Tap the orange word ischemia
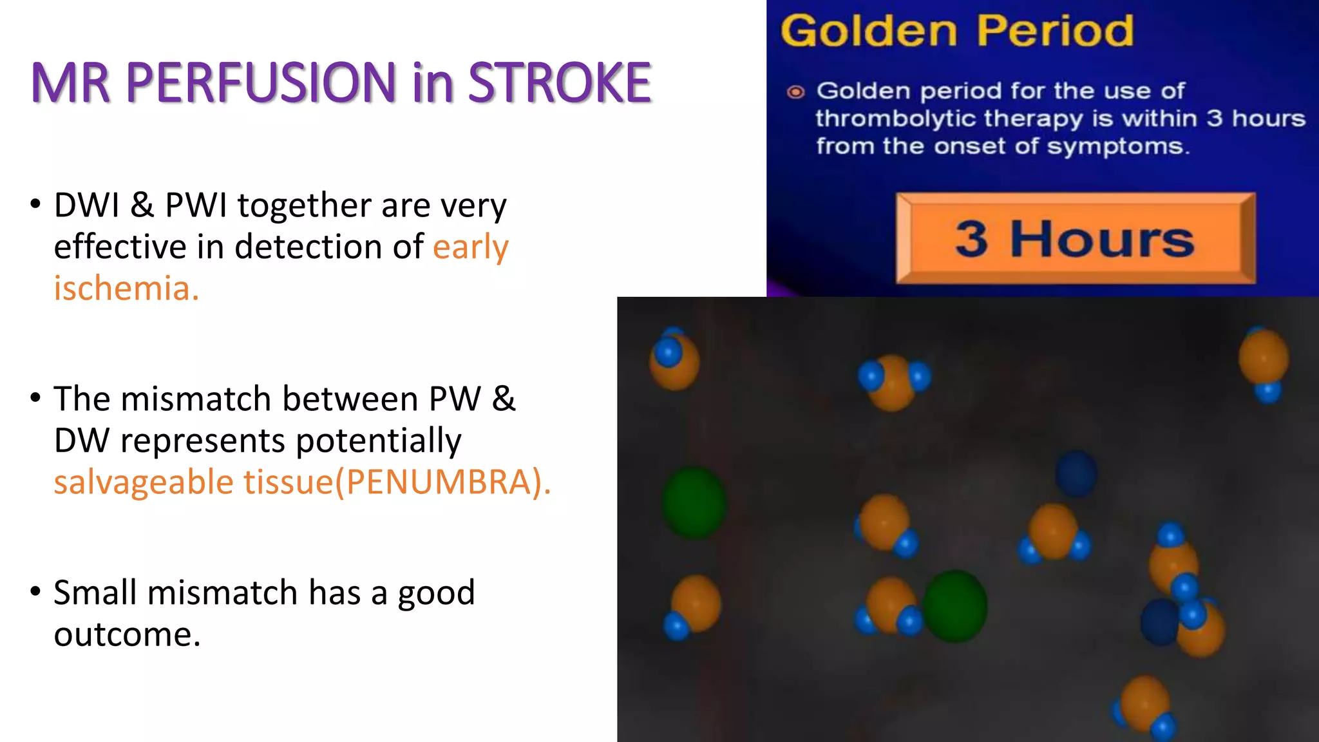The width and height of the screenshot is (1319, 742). click(x=126, y=288)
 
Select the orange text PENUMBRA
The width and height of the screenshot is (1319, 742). click(x=439, y=482)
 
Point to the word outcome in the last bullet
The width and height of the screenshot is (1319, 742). click(x=127, y=634)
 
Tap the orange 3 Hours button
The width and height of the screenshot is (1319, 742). click(x=1074, y=239)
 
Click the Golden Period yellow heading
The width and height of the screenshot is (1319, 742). click(x=956, y=31)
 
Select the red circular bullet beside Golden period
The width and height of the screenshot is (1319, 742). click(x=796, y=92)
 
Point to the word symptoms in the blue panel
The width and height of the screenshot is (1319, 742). click(x=1117, y=147)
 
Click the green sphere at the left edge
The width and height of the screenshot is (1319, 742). click(x=694, y=502)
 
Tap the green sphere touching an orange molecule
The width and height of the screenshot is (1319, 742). click(x=955, y=605)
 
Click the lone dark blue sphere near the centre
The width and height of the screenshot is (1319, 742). click(x=1076, y=473)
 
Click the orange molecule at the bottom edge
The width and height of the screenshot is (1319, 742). click(x=1144, y=703)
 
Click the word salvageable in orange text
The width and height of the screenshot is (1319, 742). click(x=143, y=482)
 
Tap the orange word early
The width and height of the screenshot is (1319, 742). click(x=470, y=247)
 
